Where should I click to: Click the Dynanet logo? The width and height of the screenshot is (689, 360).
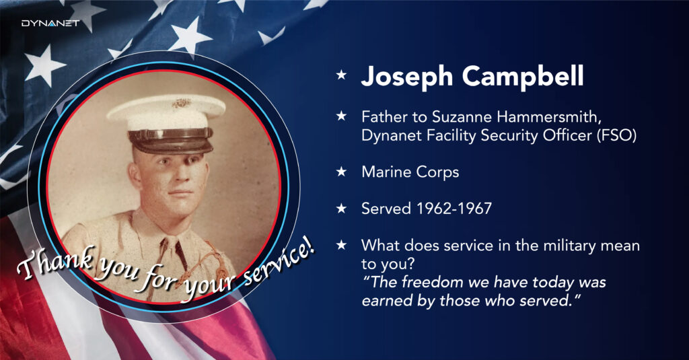point(50,23)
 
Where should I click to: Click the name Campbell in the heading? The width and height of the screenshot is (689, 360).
point(523,76)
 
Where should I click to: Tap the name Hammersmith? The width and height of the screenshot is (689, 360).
point(549,116)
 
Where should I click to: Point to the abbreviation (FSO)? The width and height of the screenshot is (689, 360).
point(616,135)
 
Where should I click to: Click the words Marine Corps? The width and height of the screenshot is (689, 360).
point(410,172)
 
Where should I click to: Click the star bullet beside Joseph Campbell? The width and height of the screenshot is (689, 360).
point(341,75)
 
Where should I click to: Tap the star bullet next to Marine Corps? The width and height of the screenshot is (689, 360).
point(341,172)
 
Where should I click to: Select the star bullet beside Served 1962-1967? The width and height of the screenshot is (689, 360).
point(341,208)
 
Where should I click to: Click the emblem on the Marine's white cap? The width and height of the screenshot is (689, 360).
point(180,104)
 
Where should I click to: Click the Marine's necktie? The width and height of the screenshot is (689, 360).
point(180,255)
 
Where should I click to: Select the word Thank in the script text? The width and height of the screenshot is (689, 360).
point(56,263)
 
